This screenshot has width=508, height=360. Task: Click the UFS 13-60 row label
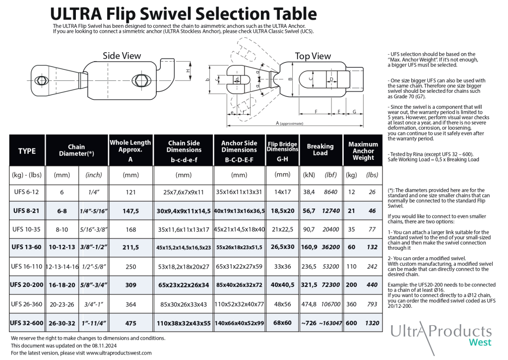click(x=27, y=247)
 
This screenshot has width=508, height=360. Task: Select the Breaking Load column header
click(x=320, y=149)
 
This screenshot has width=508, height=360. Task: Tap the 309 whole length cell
click(x=130, y=285)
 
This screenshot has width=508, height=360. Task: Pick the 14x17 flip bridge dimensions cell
click(x=282, y=192)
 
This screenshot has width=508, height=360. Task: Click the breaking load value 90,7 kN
click(x=309, y=229)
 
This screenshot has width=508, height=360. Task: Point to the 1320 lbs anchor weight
click(x=372, y=323)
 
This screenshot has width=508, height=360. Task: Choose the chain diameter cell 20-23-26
click(x=62, y=304)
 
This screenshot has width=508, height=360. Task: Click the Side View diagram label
click(x=122, y=56)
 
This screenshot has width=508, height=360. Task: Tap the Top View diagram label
click(x=313, y=56)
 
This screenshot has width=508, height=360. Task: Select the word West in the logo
click(x=480, y=343)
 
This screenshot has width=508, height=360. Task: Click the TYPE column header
click(x=27, y=151)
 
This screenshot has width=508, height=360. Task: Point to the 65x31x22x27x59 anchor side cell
click(x=239, y=267)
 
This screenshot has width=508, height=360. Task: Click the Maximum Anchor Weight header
click(x=363, y=151)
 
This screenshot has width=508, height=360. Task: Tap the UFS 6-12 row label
click(x=27, y=192)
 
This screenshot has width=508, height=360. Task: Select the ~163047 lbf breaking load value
click(x=330, y=323)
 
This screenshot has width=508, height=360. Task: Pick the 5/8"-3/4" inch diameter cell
click(x=94, y=285)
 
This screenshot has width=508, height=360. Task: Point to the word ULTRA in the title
click(x=76, y=14)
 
